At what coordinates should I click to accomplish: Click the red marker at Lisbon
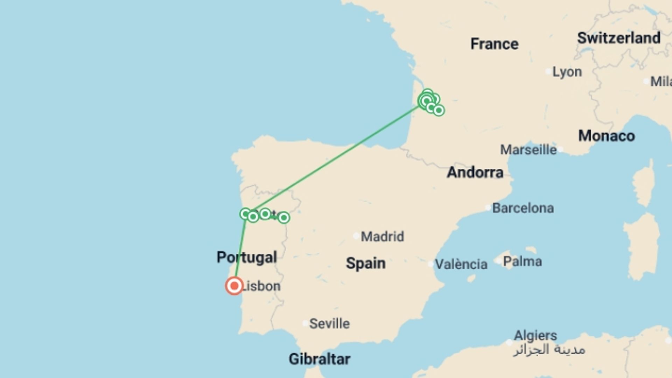234,286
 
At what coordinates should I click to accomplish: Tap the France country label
494,44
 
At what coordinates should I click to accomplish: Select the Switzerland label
618,38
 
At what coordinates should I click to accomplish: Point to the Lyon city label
567,72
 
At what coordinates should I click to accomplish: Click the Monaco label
606,136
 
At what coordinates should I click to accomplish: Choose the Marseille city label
528,150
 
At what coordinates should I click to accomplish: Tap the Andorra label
475,172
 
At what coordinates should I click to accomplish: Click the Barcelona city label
523,208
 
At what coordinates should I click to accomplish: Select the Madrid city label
382,237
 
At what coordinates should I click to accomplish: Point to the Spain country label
365,263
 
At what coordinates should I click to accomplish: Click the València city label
461,264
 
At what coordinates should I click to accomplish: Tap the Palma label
522,261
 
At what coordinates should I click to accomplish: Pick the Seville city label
329,324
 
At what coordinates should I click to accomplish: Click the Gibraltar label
319,359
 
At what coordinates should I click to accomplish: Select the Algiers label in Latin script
535,335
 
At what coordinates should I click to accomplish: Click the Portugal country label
247,258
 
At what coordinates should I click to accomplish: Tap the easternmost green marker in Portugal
283,218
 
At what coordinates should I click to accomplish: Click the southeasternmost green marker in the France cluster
439,110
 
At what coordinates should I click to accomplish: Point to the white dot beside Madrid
356,236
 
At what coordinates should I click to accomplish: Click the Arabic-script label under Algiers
549,350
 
